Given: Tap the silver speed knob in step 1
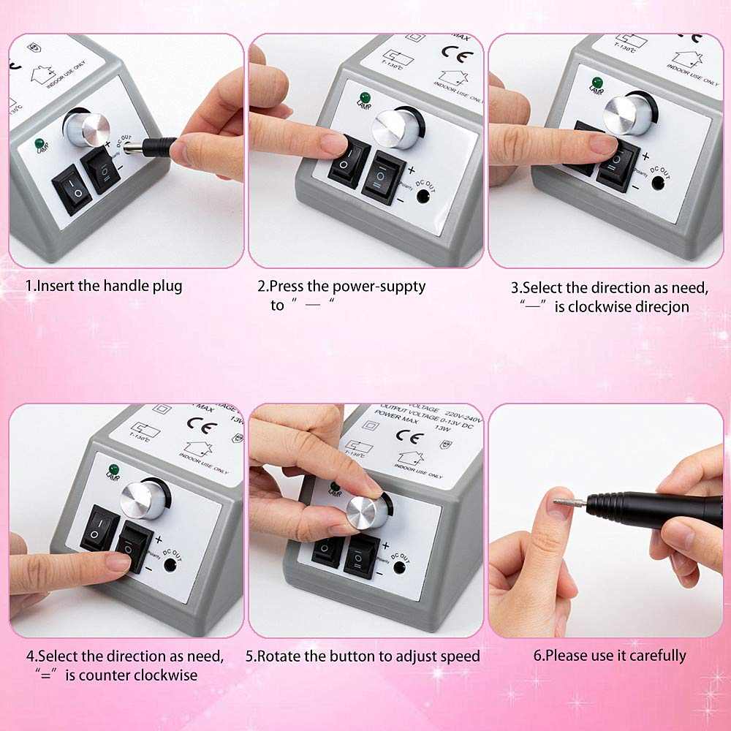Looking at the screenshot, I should coord(86,129).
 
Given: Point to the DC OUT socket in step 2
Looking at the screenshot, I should coord(423,195).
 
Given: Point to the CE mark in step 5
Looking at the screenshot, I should coord(409,437).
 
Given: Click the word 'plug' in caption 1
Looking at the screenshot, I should coord(166,286).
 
